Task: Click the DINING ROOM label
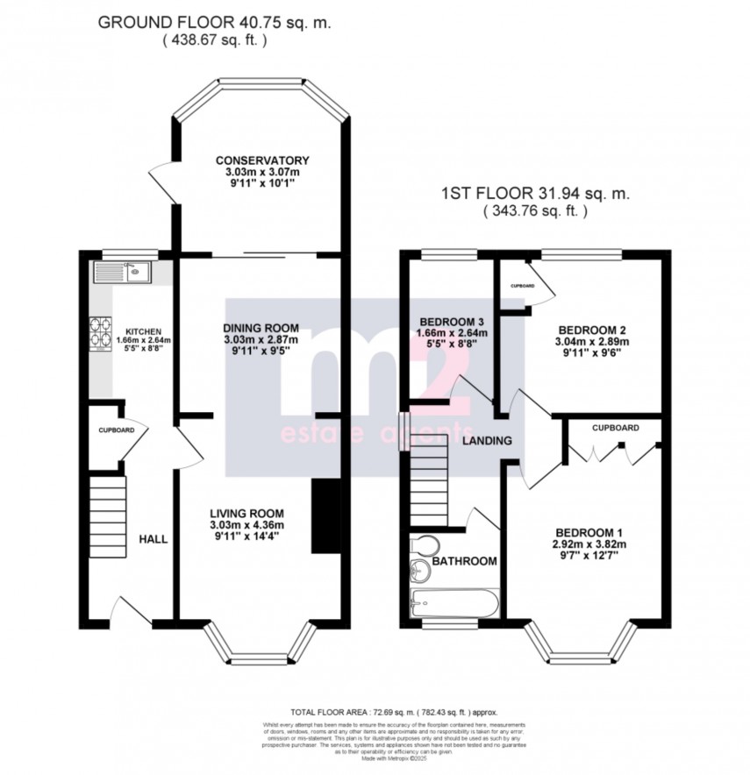[261, 327]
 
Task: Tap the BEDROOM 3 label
[451, 320]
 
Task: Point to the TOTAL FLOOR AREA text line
[400, 713]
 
